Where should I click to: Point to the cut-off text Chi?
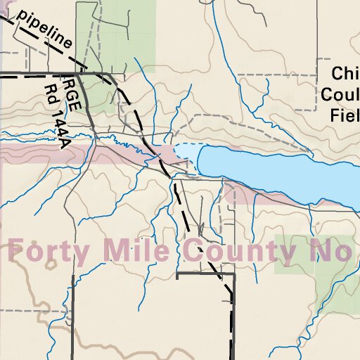(x=345, y=74)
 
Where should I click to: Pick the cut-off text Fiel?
(x=345, y=114)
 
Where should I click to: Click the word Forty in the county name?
(x=52, y=250)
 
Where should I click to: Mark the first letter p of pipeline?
(x=24, y=17)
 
